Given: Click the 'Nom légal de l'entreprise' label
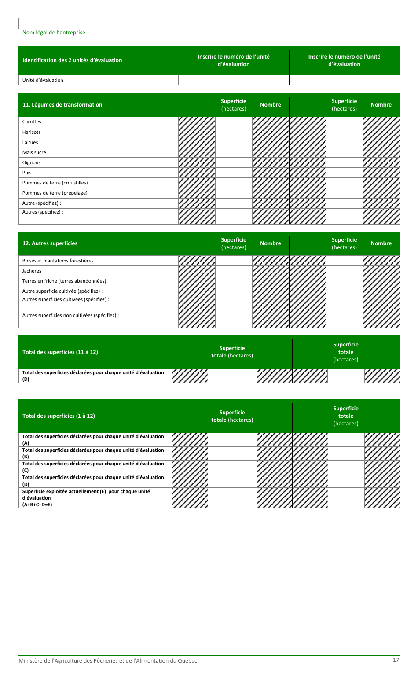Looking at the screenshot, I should coord(54,33).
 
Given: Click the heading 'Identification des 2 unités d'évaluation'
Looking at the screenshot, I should coord(72,60).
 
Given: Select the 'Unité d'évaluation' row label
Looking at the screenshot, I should coord(43,80).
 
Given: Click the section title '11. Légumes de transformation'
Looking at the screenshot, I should coord(62,105).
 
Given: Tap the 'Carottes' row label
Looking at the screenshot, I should coord(32,122).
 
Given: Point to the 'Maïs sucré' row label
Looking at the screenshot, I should coord(34,152).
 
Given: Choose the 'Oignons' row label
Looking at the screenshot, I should coord(31,162).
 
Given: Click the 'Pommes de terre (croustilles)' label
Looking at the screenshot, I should coord(55,183).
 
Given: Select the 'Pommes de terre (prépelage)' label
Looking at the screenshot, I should coord(55,193).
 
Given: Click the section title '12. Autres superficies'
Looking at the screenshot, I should coord(50,243).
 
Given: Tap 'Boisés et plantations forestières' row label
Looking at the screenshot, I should coord(58,261).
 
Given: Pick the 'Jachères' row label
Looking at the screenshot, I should coord(32,271).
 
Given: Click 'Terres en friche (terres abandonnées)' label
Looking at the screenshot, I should coord(64,281).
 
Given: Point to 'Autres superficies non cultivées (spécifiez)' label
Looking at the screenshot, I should coord(70,315).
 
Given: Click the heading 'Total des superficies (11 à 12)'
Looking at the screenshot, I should coord(60,352).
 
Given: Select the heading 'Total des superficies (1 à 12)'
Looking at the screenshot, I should coord(59,416).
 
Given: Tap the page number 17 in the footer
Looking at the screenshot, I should coord(396,660).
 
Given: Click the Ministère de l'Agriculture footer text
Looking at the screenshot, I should coord(108,660).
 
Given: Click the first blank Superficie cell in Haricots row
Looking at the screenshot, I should coord(234,132).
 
